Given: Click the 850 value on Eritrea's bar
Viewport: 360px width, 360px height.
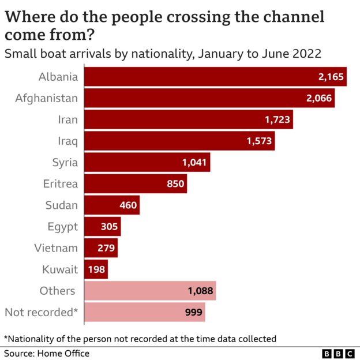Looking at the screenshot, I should [175, 184].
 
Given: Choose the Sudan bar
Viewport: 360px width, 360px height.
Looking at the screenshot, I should [112, 205].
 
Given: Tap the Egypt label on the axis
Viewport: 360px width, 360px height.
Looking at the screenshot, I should [62, 227].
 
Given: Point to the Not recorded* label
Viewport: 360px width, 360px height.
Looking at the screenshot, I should [41, 312].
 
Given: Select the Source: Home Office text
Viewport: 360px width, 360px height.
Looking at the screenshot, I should [47, 353].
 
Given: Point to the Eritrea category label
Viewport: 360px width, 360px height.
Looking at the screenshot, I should [60, 184].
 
